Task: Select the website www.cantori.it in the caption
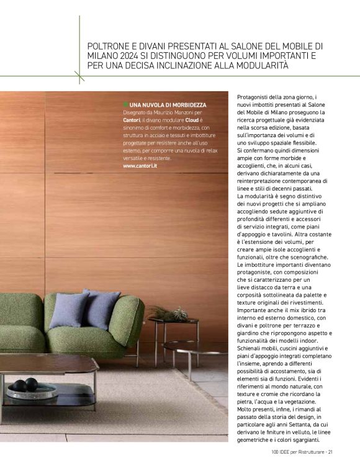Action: (x=140, y=166)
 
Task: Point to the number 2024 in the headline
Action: (x=125, y=56)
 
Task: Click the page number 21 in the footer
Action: (x=331, y=452)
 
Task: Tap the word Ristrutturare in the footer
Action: (x=308, y=452)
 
